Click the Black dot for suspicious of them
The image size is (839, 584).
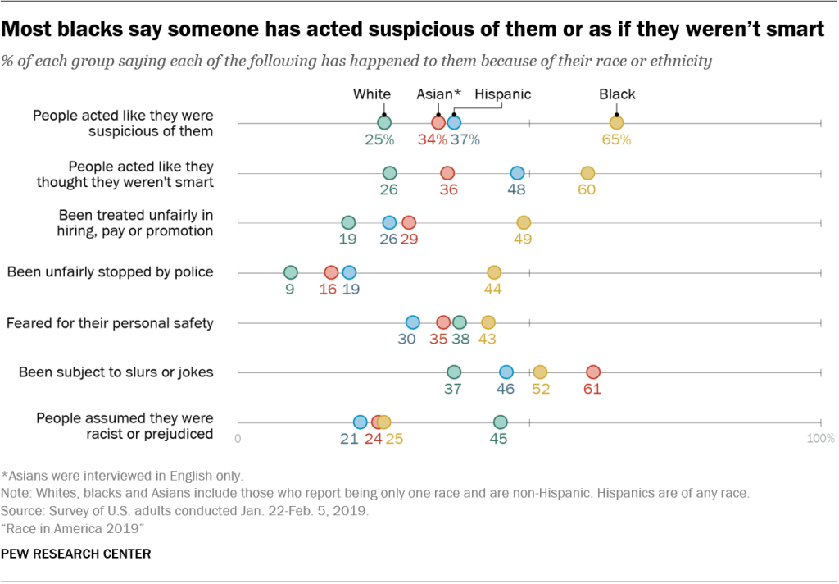click(x=616, y=123)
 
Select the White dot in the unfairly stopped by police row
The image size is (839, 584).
click(x=290, y=272)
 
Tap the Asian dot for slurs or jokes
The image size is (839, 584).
click(x=592, y=372)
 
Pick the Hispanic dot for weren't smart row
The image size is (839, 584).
click(x=517, y=173)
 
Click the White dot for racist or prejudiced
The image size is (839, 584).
click(x=500, y=422)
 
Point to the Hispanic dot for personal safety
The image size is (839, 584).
click(x=412, y=322)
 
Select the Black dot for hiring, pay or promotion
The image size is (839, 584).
click(x=524, y=222)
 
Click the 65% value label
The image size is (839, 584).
click(x=616, y=139)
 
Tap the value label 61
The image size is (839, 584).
click(x=592, y=389)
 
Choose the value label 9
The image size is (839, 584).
click(x=290, y=289)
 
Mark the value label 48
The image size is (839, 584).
click(x=517, y=189)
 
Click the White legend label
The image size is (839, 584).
click(x=372, y=94)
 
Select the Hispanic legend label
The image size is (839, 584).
click(x=503, y=94)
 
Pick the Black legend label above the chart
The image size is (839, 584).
click(x=617, y=94)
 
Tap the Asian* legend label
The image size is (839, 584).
click(x=439, y=94)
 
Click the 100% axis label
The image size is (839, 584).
click(x=820, y=439)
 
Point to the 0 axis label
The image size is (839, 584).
click(x=238, y=439)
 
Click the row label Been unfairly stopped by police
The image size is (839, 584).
click(x=110, y=272)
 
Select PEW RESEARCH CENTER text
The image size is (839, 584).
click(x=76, y=554)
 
